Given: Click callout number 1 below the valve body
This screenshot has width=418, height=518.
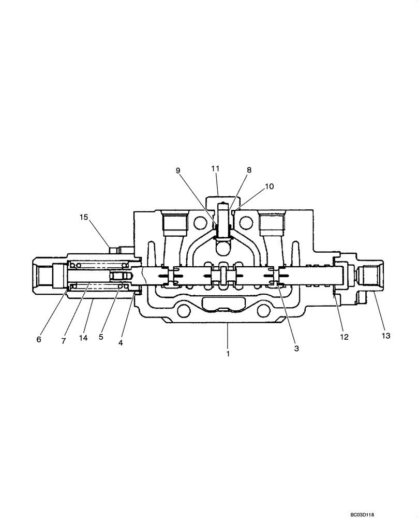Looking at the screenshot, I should [x=227, y=354].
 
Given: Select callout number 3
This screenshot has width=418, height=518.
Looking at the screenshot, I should [x=296, y=349].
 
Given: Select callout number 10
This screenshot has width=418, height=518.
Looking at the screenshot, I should [x=270, y=186].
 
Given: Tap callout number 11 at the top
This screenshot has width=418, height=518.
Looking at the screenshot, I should [x=215, y=168].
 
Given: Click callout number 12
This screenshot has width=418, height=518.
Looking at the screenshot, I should [x=344, y=336].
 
